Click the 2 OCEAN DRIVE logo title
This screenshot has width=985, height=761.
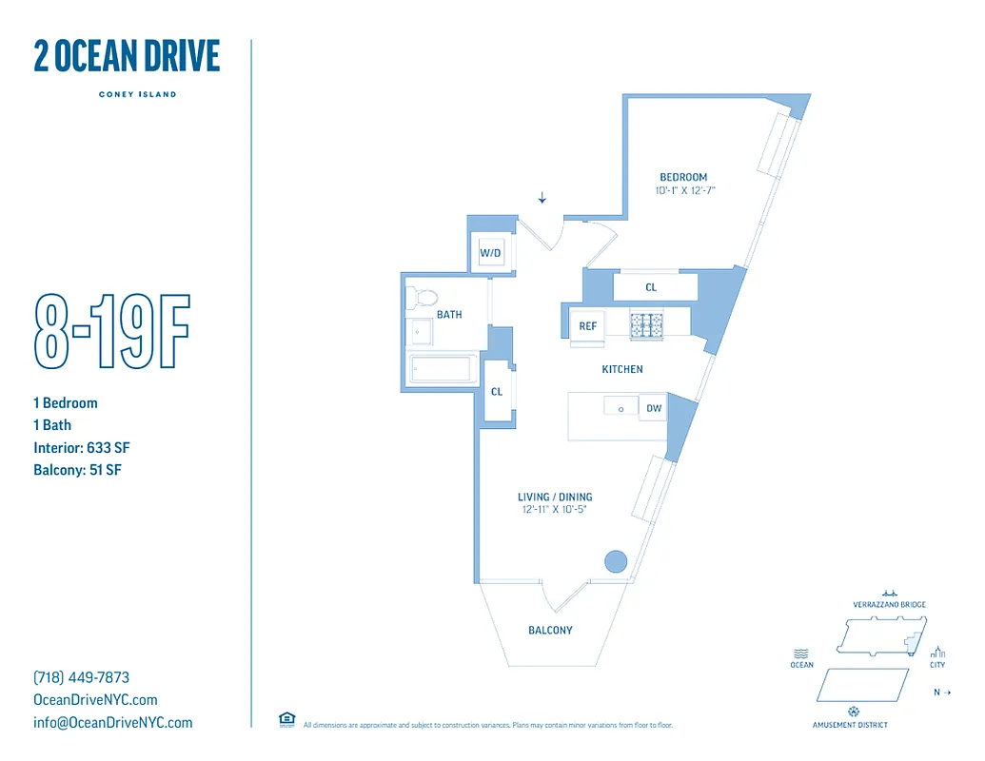pos(127,57)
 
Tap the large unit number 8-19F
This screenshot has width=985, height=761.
pos(111,332)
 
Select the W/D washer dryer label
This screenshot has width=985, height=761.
pos(490,253)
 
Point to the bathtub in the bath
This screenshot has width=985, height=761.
pos(441,369)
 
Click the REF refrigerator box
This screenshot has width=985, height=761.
pos(587,326)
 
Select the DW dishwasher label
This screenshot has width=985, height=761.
pos(654,408)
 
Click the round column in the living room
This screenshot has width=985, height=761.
pos(616,561)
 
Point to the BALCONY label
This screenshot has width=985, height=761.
pos(550,630)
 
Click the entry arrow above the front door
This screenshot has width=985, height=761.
pos(542,198)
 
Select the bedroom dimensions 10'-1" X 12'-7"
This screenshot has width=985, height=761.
pos(683,190)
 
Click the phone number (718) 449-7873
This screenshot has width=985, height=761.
pos(81,677)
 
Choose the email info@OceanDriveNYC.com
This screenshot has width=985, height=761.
pos(112,722)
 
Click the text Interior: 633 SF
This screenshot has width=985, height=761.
pos(81,447)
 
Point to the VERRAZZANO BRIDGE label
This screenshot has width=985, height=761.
pos(889,605)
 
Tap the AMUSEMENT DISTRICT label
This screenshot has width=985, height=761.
pos(850,725)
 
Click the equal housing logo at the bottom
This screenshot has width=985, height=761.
pos(286,720)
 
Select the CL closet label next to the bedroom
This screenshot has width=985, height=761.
pos(651,287)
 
